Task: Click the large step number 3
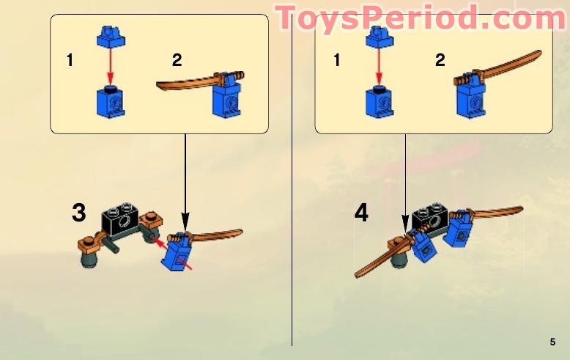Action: tap(79, 213)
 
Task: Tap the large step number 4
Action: tap(361, 213)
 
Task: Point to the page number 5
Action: tap(552, 342)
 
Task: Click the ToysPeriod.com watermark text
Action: tap(421, 18)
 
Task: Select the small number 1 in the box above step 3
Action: tap(70, 61)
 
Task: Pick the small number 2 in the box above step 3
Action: tap(177, 59)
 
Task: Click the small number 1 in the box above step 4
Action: tap(337, 61)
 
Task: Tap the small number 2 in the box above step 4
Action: tap(440, 60)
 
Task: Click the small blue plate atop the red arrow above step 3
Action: tap(109, 37)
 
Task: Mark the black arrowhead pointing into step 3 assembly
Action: tap(185, 219)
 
